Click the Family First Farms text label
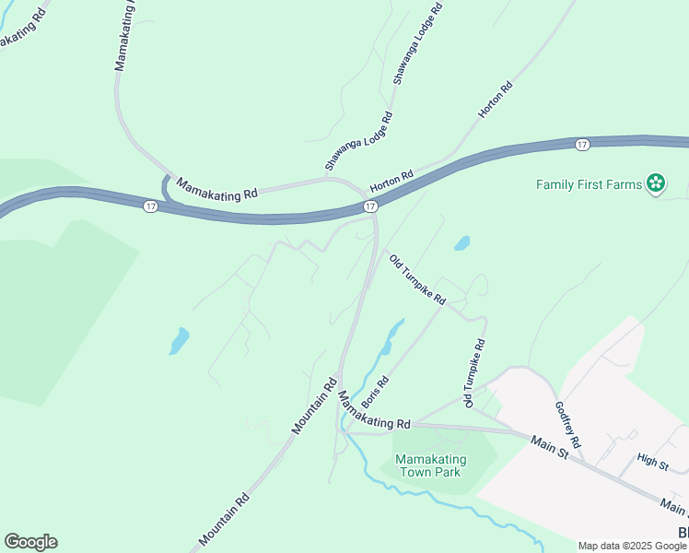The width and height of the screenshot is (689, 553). pyautogui.click(x=589, y=184)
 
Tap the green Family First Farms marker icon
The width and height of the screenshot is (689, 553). pyautogui.click(x=656, y=184)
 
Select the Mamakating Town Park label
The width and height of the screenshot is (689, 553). pyautogui.click(x=430, y=465)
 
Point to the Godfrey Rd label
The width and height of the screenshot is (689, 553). pyautogui.click(x=567, y=425)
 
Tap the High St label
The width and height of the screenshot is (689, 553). pyautogui.click(x=652, y=461)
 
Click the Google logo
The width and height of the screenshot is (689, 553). pyautogui.click(x=30, y=542)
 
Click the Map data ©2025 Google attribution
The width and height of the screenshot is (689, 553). pyautogui.click(x=632, y=546)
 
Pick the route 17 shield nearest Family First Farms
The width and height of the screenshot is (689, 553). pyautogui.click(x=582, y=145)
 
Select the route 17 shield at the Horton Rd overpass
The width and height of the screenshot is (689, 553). pyautogui.click(x=369, y=207)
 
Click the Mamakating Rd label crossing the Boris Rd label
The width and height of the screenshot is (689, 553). pyautogui.click(x=373, y=411)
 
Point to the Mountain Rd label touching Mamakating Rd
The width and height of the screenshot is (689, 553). pyautogui.click(x=312, y=406)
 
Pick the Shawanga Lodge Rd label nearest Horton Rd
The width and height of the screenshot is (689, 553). pyautogui.click(x=358, y=142)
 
